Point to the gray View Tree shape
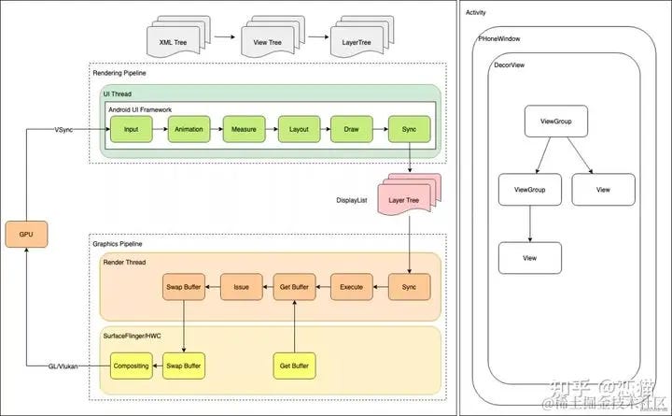(267, 40)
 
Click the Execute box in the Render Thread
(352, 286)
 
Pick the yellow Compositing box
(131, 365)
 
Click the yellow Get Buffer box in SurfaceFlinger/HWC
(295, 365)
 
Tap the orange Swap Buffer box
(184, 286)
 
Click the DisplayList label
(352, 200)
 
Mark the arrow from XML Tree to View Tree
(223, 38)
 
